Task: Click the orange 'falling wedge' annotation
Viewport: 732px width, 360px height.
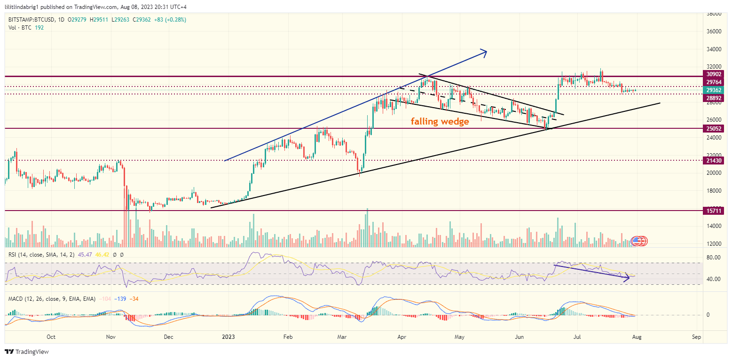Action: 440,122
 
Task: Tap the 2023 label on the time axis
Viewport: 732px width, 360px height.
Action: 228,337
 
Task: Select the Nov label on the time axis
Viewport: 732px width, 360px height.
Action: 110,337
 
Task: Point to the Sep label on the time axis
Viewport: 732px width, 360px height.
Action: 697,337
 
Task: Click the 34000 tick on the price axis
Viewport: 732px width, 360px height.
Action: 715,49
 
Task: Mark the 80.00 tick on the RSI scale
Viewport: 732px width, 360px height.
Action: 715,258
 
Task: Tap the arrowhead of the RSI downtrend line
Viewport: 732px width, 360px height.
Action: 628,278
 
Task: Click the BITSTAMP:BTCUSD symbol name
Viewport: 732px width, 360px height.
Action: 30,20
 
